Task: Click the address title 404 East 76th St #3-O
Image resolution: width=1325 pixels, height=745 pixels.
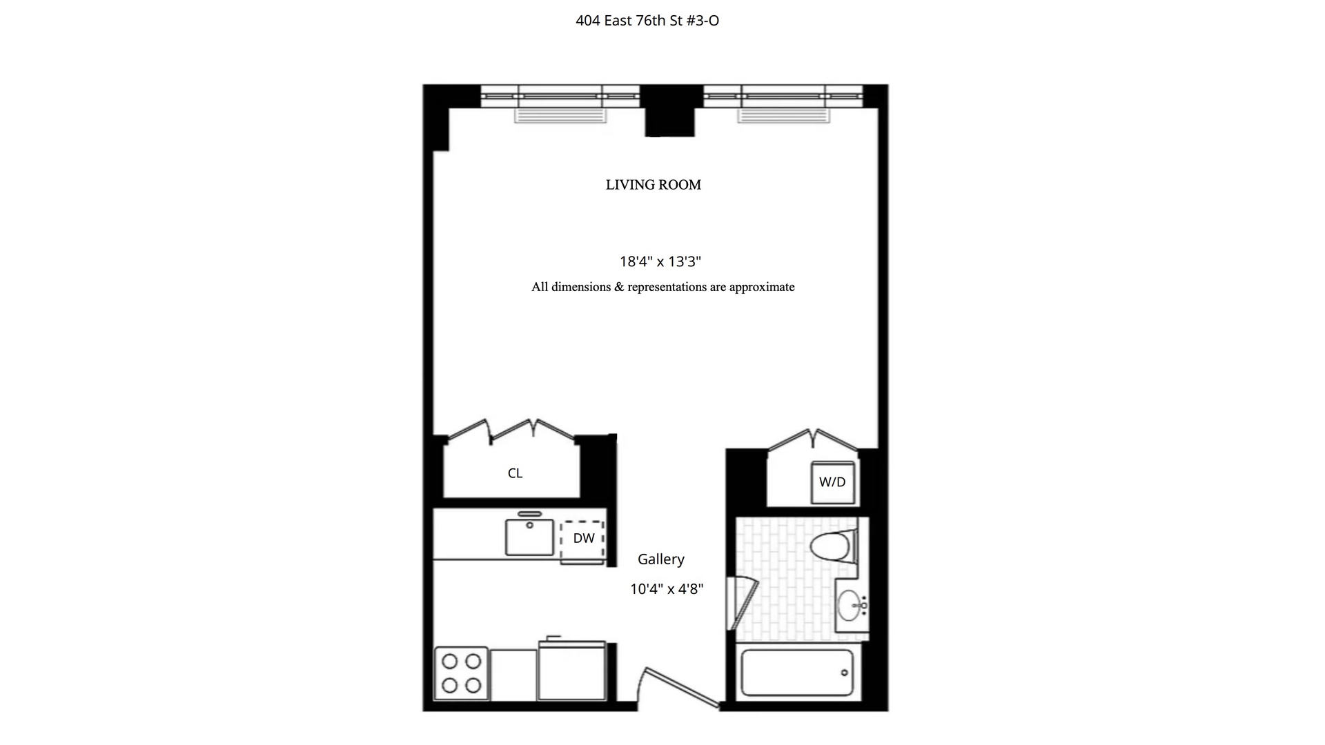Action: [x=647, y=21]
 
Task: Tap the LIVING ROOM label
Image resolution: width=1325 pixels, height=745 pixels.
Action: [x=654, y=185]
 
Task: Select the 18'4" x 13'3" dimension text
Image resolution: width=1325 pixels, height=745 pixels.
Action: [x=660, y=261]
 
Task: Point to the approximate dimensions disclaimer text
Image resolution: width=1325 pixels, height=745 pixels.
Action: [x=662, y=287]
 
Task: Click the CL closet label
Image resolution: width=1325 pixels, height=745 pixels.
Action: [x=515, y=473]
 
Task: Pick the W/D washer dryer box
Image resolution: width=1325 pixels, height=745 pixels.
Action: [x=833, y=482]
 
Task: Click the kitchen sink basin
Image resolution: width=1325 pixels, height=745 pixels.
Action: [x=529, y=537]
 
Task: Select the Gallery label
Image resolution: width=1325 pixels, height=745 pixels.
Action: [x=661, y=559]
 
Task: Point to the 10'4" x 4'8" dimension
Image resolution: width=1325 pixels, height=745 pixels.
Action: [x=667, y=589]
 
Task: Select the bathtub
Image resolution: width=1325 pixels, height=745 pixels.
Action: [x=797, y=673]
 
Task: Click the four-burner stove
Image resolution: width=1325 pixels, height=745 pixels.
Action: [x=461, y=673]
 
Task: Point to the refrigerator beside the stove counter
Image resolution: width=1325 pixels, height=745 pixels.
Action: [x=572, y=670]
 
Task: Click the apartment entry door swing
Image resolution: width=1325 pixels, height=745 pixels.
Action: [x=680, y=688]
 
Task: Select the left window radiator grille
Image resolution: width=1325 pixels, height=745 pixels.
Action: [x=560, y=115]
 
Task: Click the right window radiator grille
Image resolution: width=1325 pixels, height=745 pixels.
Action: [x=783, y=115]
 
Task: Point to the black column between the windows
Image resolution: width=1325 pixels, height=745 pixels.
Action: [x=670, y=110]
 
